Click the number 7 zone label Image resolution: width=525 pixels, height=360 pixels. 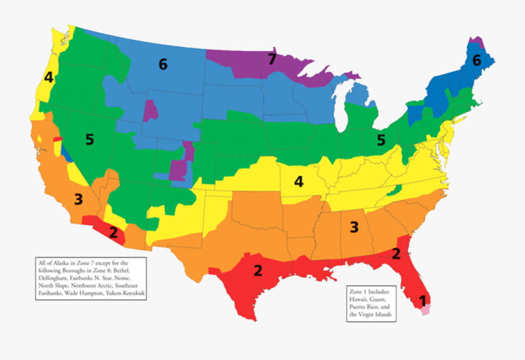click(271, 58)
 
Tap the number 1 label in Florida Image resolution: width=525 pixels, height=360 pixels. click(419, 301)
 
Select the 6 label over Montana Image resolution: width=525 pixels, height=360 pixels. click(163, 64)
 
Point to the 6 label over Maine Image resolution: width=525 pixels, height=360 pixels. click(477, 60)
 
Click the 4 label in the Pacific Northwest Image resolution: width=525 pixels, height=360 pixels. click(48, 78)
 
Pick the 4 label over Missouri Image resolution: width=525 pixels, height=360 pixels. click(299, 181)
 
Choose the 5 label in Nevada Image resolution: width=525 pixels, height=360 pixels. click(89, 139)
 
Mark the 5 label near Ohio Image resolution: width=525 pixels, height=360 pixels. click(381, 140)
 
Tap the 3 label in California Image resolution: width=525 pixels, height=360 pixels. click(78, 199)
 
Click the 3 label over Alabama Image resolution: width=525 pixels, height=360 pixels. click(353, 227)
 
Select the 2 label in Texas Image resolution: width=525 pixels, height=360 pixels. click(257, 271)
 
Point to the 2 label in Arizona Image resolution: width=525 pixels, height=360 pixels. click(113, 233)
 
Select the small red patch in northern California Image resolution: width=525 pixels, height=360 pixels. click(57, 138)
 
